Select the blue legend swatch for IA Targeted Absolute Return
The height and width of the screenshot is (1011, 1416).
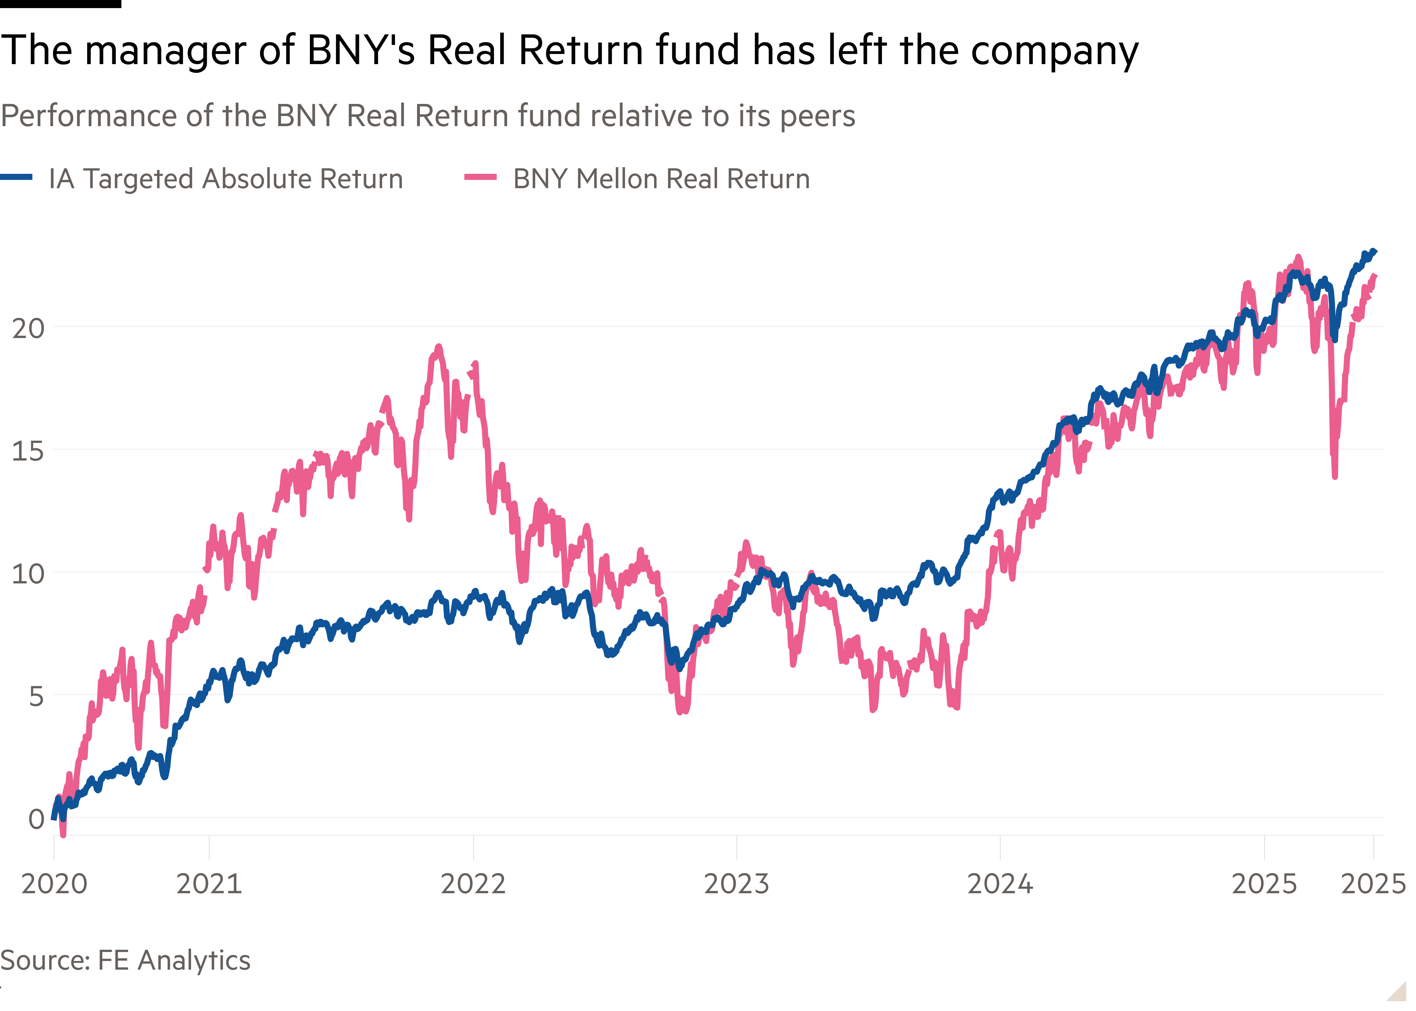coord(16,177)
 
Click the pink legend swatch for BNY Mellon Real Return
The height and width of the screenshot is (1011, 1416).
coord(480,177)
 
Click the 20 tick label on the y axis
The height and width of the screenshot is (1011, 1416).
coord(28,328)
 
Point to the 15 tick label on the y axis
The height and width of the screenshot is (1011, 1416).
coord(28,451)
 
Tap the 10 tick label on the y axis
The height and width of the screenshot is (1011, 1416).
coord(28,573)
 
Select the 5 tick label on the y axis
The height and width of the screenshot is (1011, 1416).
coord(36,696)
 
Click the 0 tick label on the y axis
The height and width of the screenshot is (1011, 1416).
coord(36,819)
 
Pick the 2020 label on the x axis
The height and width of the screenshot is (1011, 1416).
coord(54,883)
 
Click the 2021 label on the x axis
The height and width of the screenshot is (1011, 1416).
coord(209,883)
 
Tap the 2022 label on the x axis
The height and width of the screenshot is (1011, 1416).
coord(473,883)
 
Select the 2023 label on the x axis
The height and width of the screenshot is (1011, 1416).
coord(737,883)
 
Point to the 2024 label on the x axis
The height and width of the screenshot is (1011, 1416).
coord(1000,883)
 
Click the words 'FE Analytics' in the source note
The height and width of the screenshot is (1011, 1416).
coord(174,961)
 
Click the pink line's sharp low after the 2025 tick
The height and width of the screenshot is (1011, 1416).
coord(1334,476)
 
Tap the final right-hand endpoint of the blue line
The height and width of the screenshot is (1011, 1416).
coord(1375,251)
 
